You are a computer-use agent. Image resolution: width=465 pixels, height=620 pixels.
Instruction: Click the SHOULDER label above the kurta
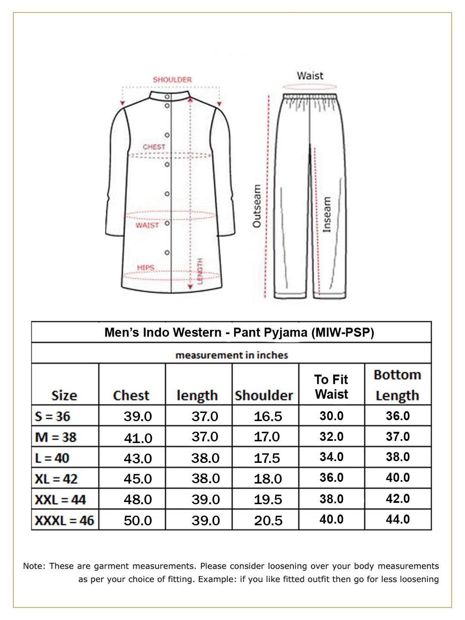tap(172, 80)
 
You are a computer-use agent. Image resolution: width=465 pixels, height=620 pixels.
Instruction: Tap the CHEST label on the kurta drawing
tap(154, 147)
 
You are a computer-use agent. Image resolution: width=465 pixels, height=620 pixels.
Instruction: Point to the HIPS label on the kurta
tap(146, 267)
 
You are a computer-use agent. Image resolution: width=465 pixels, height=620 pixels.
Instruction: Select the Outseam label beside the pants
tap(257, 206)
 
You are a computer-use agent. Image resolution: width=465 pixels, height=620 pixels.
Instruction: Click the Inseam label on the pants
tap(327, 215)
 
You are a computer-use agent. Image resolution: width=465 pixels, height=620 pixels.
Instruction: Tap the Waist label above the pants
tap(310, 76)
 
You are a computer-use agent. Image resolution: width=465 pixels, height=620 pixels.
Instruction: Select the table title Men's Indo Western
tap(239, 333)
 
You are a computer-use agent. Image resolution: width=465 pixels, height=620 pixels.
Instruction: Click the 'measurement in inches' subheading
tap(232, 355)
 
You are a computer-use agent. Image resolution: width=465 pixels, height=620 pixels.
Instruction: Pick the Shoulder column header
tap(264, 395)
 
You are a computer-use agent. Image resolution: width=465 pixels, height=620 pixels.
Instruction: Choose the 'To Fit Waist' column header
tap(331, 387)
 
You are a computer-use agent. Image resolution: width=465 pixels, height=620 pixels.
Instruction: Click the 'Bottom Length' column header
tap(397, 385)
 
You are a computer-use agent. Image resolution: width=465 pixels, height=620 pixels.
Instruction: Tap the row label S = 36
tap(52, 416)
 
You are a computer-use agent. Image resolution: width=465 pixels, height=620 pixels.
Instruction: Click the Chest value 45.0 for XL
tap(138, 479)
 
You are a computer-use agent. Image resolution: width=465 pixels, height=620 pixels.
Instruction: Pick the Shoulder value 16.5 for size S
tap(268, 416)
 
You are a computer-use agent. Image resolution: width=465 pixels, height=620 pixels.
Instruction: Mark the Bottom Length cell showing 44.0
tap(398, 519)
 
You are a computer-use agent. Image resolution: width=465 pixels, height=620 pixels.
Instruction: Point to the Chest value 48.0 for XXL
tap(138, 499)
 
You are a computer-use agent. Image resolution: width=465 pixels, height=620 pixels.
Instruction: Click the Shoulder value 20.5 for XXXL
tap(268, 521)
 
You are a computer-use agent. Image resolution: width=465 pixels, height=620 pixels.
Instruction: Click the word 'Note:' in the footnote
tap(34, 566)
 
